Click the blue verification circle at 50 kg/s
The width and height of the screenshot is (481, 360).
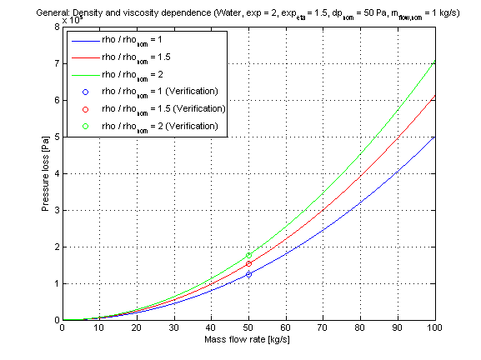(248, 273)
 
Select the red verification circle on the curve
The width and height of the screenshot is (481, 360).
(248, 263)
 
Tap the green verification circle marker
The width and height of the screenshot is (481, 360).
(248, 255)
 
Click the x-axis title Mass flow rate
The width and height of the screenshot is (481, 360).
(248, 340)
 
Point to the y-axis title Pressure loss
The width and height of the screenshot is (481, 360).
(45, 173)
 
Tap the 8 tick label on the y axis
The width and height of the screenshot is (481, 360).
(56, 27)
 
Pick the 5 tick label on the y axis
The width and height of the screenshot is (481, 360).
(56, 137)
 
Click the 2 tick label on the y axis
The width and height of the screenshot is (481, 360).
(56, 247)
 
